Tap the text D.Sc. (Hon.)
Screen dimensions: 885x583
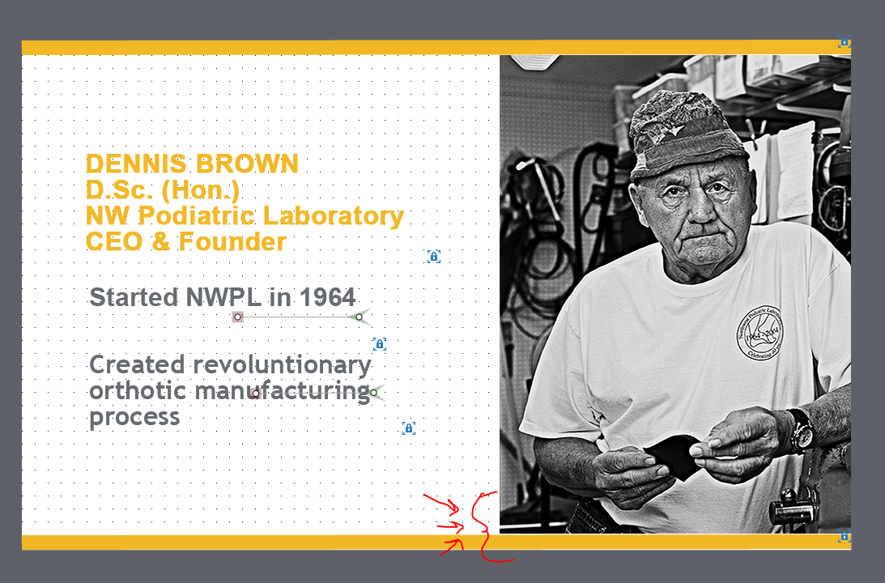[x=163, y=190]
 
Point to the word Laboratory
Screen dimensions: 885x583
[x=334, y=216]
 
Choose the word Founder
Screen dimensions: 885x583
[x=232, y=241]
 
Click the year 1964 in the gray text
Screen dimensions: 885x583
[x=327, y=297]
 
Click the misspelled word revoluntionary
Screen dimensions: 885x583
[x=283, y=365]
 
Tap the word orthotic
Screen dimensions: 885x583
[x=138, y=390]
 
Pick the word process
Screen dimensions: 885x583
[x=134, y=418]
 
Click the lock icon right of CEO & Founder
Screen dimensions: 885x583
[x=433, y=257]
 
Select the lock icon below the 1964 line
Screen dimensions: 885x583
[x=379, y=343]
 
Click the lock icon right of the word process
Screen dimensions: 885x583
[x=409, y=428]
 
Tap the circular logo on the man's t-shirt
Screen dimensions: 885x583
[x=760, y=333]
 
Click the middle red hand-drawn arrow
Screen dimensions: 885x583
[x=451, y=527]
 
